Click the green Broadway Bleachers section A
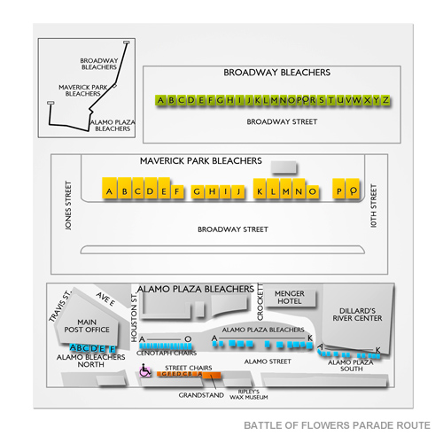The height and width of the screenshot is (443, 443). click(160, 101)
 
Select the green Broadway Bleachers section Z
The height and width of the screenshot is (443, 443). click(385, 101)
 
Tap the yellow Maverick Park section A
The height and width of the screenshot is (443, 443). click(110, 190)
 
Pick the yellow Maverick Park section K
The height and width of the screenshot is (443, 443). click(260, 190)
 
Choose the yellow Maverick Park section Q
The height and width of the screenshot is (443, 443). click(353, 190)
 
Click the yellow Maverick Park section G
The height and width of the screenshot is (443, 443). click(197, 190)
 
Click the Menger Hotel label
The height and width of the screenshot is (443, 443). click(290, 299)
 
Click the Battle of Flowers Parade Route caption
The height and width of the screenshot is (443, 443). click(338, 424)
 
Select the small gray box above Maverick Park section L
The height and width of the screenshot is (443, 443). click(284, 167)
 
